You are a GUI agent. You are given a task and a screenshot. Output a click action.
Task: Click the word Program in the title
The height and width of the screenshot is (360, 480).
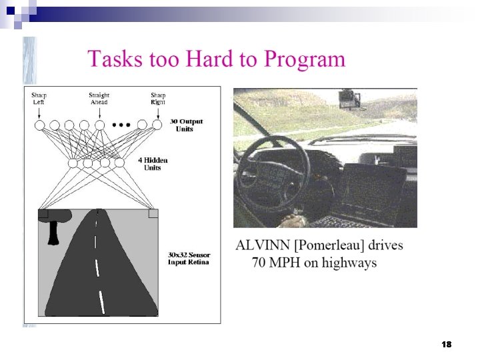point(305,60)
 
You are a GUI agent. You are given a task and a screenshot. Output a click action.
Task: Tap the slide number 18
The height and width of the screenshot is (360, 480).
point(447,344)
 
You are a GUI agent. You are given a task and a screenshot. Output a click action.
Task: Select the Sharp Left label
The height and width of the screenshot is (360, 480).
point(39,99)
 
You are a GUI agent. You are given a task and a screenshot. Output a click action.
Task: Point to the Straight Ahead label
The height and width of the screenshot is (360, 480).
point(99,99)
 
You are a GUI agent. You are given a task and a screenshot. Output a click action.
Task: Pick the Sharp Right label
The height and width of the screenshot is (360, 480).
point(157,99)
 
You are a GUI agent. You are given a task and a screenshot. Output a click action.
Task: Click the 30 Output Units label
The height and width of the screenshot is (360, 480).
point(186,125)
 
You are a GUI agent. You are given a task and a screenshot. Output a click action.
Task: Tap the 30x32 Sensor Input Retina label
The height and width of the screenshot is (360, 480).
point(189,258)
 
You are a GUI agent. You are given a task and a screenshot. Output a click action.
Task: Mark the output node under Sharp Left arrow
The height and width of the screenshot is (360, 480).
point(39,125)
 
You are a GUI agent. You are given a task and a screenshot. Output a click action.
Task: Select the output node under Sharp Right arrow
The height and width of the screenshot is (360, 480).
point(157,125)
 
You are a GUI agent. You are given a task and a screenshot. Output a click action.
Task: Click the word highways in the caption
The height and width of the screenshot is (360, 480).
point(349,263)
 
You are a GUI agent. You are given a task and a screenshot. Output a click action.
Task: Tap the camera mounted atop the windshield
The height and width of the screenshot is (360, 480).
point(349,101)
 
